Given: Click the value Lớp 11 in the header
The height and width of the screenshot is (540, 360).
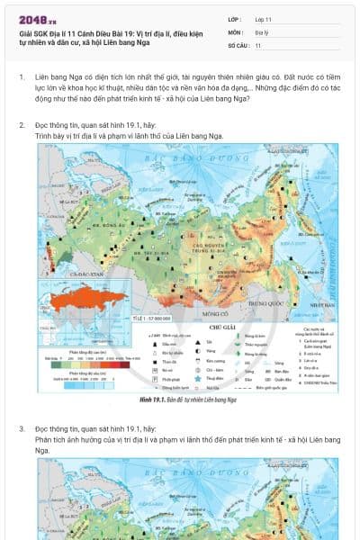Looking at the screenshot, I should click(264, 18).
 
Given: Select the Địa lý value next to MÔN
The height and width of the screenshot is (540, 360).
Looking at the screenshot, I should click(262, 31).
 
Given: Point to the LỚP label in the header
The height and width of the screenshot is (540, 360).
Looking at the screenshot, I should click(235, 18).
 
